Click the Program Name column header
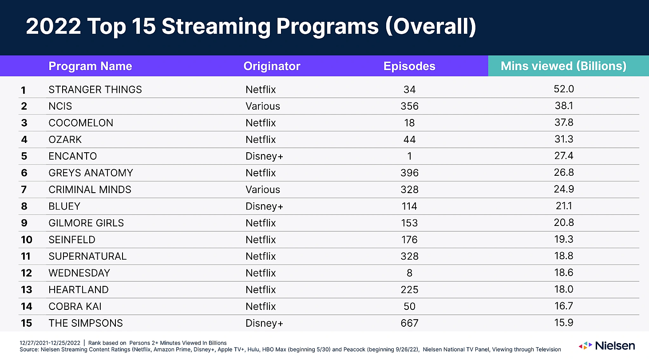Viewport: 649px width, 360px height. pos(90,66)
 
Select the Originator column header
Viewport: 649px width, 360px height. pos(272,66)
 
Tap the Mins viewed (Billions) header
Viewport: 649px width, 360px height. pos(563,66)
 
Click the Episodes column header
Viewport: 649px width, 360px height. pos(409,66)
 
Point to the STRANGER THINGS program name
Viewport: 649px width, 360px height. pos(95,90)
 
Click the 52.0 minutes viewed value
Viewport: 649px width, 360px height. pos(564,89)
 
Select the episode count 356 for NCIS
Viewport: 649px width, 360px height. pos(409,106)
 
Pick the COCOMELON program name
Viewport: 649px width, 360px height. pos(81,123)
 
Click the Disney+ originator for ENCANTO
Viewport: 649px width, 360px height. pos(264,156)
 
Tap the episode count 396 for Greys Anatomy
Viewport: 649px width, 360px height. pos(409,173)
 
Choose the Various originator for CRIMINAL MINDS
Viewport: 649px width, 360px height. pos(263,190)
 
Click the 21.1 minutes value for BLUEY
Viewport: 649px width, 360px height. pos(564,206)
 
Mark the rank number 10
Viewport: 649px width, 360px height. pos(26,240)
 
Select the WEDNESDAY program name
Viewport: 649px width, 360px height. pos(79,273)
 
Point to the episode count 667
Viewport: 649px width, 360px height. pos(409,323)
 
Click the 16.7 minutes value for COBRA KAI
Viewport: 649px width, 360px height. pos(564,306)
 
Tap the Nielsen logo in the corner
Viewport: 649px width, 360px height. pos(607,345)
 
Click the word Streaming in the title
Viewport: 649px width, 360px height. pos(216,27)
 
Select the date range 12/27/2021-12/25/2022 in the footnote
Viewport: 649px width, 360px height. pos(51,343)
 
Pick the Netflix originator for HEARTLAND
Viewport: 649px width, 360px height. pos(261,289)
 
